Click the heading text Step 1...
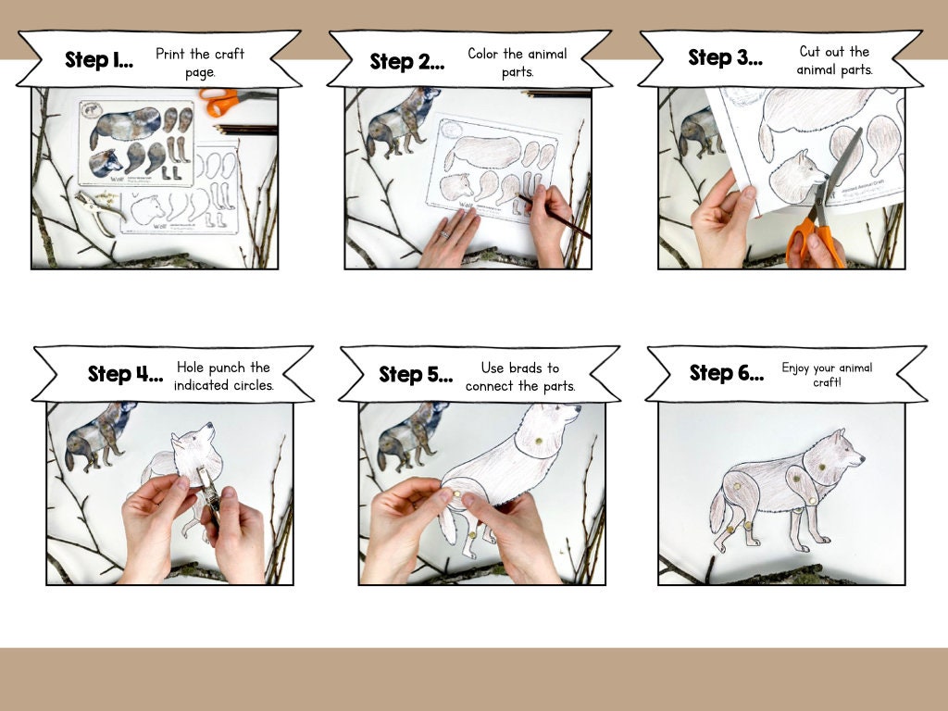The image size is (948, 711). [x=98, y=61]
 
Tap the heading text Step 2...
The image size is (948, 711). [x=406, y=62]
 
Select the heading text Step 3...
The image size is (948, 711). [x=723, y=58]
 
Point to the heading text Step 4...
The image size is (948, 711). [x=125, y=374]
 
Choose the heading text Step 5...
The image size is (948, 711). [x=416, y=375]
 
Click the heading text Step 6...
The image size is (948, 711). [x=726, y=373]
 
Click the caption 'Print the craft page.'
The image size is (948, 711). [x=199, y=62]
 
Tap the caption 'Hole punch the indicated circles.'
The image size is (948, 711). [x=223, y=376]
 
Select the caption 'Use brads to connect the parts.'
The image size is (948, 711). [x=519, y=376]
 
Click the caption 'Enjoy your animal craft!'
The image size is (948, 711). [x=826, y=374]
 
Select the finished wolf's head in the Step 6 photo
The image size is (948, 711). [x=837, y=455]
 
